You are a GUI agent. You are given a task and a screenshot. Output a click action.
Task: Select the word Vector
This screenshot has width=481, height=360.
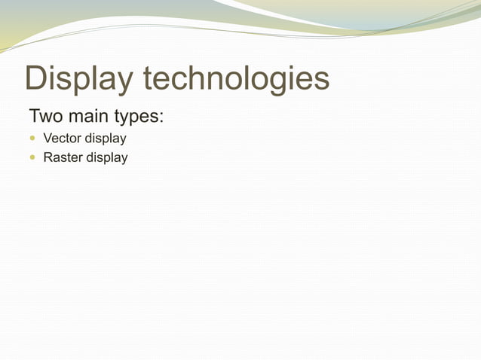[62, 139]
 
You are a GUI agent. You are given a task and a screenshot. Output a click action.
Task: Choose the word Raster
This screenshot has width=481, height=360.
[63, 157]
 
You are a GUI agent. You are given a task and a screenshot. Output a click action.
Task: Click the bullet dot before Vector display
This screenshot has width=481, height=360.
[32, 139]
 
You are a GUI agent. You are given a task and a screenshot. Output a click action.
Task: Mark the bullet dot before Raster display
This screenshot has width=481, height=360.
[32, 158]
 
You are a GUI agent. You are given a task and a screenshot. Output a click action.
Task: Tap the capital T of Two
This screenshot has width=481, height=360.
[35, 118]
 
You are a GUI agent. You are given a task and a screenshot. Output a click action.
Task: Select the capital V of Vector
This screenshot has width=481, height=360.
[47, 139]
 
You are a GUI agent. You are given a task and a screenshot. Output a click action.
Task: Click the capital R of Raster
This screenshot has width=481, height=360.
[48, 157]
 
